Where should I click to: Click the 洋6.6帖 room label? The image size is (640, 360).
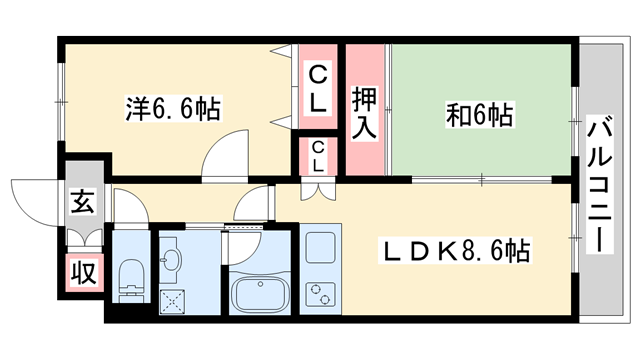(174, 107)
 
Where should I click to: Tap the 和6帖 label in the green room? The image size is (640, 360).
(479, 116)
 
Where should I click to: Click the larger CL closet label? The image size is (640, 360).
(317, 88)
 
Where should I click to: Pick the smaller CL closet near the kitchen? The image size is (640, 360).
(317, 157)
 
